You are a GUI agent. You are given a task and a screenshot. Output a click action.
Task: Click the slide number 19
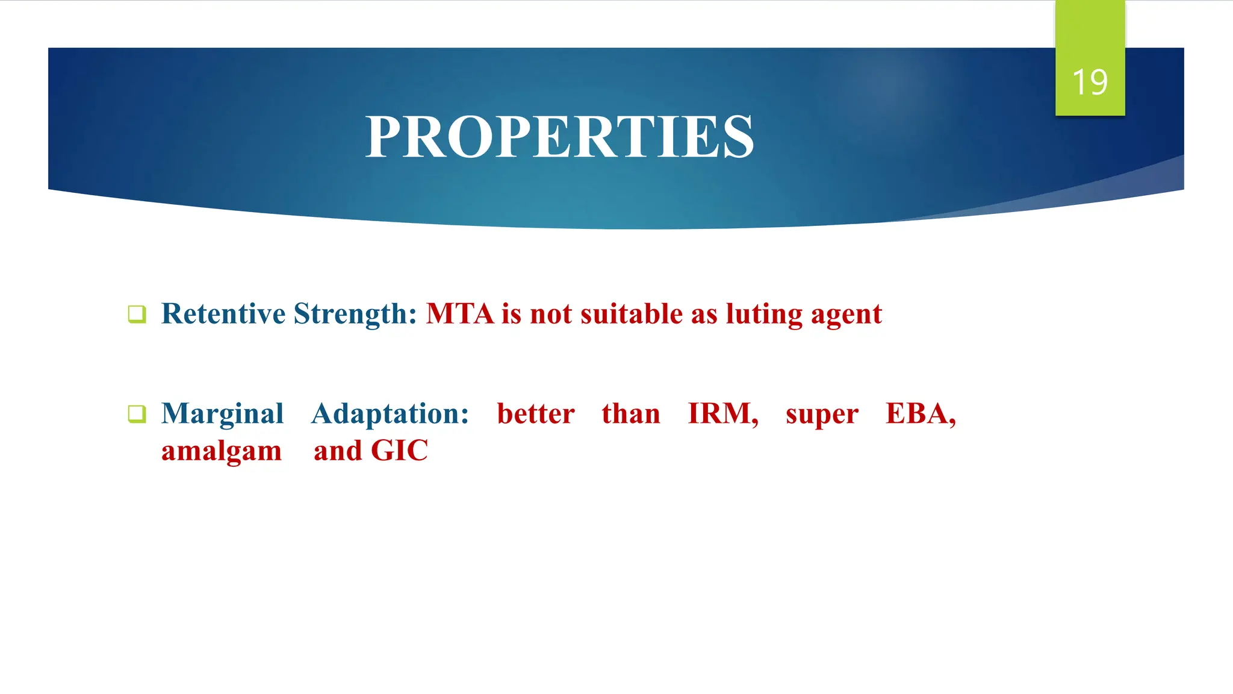coord(1090,82)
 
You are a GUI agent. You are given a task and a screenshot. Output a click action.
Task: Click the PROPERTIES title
coord(559,137)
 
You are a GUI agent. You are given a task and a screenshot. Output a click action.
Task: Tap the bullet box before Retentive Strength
coord(137,314)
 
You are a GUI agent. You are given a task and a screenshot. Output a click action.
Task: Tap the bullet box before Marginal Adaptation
coord(137,414)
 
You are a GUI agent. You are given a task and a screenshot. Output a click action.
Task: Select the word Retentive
coord(223,314)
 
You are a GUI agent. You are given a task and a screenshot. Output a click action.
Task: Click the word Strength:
coord(355,314)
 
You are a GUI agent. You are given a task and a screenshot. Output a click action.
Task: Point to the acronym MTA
coord(460,314)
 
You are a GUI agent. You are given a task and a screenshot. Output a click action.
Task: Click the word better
coord(536,414)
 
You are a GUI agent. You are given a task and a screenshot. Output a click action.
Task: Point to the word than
coord(631,414)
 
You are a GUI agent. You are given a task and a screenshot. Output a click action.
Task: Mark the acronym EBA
coord(919,414)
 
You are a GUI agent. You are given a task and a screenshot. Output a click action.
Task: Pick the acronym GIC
coord(399,451)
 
